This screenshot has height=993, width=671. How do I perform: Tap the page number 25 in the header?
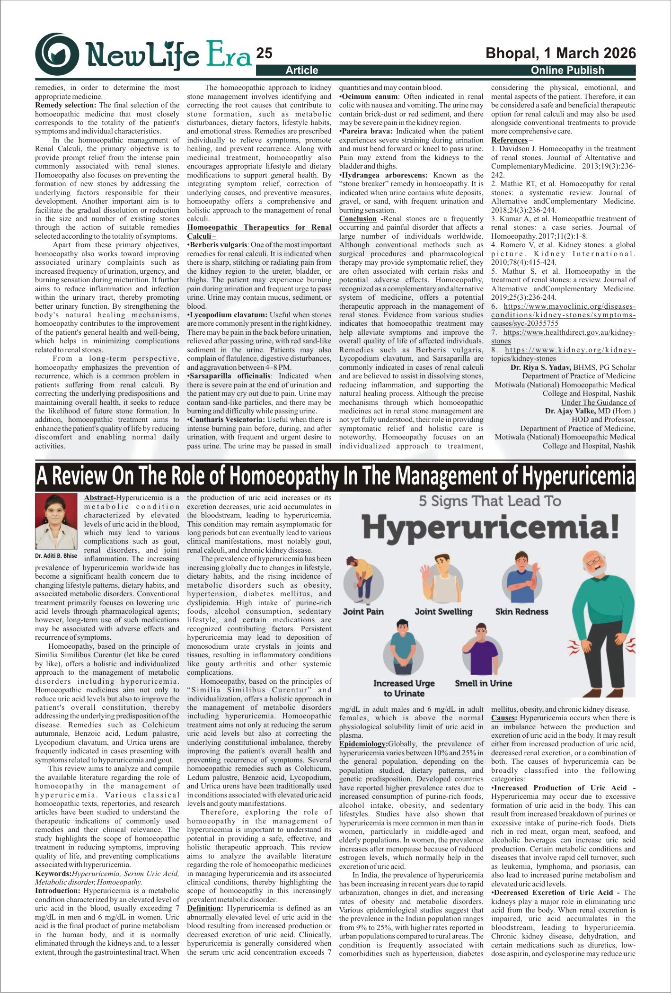264,54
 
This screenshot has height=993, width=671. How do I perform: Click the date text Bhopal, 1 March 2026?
561,53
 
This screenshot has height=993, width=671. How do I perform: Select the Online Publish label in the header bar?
567,71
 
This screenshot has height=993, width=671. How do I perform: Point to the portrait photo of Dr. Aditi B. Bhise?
56,521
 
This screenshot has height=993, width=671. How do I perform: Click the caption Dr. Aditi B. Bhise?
56,555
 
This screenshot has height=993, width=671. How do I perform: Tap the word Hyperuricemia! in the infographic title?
490,528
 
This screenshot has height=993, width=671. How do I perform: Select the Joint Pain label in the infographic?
363,611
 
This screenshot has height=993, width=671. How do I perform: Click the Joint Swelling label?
443,611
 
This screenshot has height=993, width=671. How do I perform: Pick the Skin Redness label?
521,611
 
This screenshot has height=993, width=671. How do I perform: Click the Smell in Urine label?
483,683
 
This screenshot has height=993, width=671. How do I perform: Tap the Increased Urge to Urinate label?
404,689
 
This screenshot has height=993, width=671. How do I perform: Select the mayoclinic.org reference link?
563,315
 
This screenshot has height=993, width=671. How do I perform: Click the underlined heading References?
509,140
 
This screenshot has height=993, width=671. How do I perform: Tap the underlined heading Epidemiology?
362,744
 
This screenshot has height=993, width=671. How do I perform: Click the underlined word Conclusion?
358,219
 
